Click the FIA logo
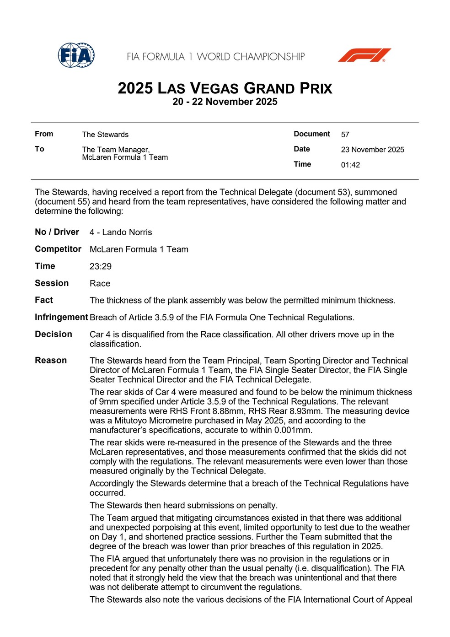[x=76, y=55]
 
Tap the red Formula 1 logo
[x=364, y=55]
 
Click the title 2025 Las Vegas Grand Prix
[x=225, y=88]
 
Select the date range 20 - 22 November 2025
[x=225, y=102]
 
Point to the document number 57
[x=345, y=135]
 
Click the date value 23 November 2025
[x=372, y=150]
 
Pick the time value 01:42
[x=350, y=165]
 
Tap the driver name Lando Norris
[x=127, y=232]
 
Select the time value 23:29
[x=101, y=266]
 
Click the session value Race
[x=100, y=283]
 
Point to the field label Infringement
[x=61, y=317]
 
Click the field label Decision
[x=54, y=334]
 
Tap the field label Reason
[x=51, y=360]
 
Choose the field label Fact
[x=44, y=300]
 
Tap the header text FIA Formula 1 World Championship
[x=216, y=57]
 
